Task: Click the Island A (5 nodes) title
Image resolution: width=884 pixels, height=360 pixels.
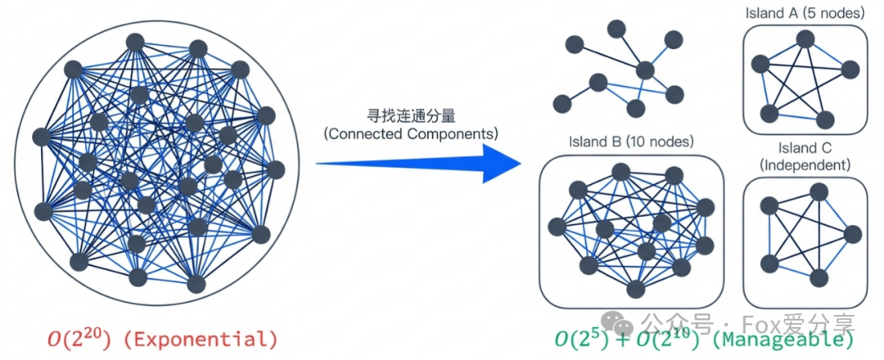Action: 803,13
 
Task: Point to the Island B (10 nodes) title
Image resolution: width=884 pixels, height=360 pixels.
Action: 630,141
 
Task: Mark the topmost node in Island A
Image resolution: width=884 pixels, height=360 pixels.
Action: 805,38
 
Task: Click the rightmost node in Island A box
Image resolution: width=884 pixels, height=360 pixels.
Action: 851,69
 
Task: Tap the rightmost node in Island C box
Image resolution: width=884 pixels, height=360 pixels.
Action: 852,235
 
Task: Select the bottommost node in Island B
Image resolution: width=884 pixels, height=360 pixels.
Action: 635,288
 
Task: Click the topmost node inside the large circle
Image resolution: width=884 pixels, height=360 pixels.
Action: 134,43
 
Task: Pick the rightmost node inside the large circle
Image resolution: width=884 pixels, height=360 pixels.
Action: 275,170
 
